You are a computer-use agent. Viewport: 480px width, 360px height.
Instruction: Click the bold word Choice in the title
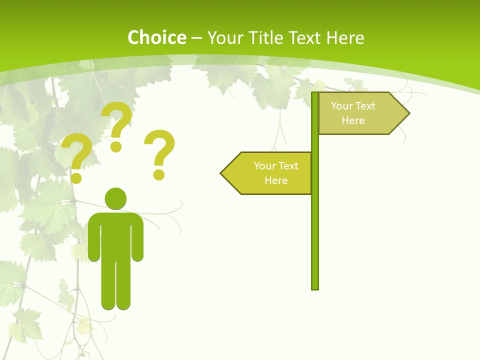tap(156, 37)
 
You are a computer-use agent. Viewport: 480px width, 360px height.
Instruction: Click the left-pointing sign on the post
tap(267, 173)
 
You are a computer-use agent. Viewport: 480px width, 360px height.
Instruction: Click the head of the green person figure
tap(115, 198)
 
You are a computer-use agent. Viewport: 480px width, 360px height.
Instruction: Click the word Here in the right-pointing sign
tap(353, 120)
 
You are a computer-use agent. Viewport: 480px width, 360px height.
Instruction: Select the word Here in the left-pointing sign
tap(276, 180)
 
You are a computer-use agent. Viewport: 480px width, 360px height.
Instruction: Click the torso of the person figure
tap(115, 235)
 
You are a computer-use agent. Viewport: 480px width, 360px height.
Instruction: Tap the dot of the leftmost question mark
tap(76, 177)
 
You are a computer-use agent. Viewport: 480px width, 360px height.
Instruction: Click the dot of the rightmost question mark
tap(158, 174)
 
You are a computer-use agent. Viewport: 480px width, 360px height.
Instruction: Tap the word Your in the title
tap(223, 37)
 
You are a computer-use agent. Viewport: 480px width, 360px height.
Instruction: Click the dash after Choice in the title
tap(196, 38)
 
